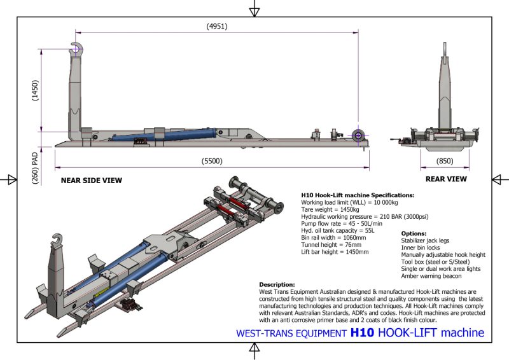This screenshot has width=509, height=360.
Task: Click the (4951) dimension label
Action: coord(217,26)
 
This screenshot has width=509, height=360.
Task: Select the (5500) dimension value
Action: coord(213,161)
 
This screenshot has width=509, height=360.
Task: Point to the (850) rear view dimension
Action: coord(446,161)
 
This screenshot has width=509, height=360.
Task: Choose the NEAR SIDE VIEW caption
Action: coord(92,181)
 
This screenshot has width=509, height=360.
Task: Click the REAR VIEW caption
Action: coord(446,179)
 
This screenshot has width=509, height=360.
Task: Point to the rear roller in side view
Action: coord(359,135)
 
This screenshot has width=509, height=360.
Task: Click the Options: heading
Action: coord(414,233)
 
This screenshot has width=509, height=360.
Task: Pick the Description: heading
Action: coord(277,284)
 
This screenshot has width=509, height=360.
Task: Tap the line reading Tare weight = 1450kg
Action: coord(330,209)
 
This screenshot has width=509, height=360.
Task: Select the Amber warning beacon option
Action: coord(431,276)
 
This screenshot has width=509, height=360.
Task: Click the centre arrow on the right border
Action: coord(499,180)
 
